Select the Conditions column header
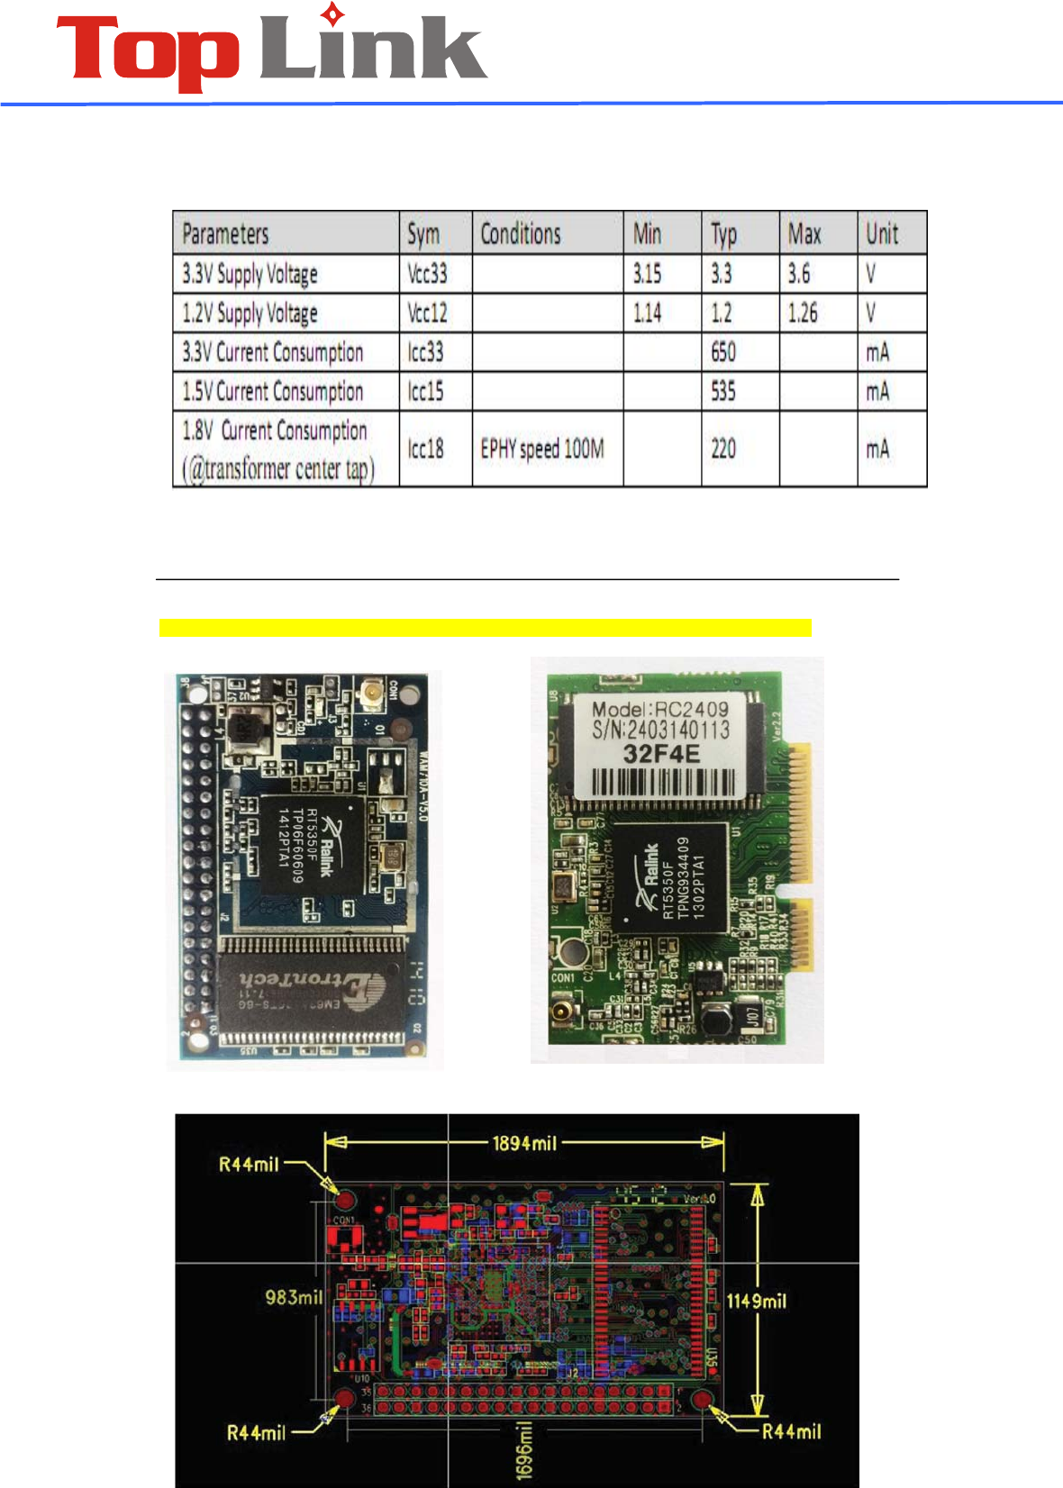pos(521,234)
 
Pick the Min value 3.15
pos(647,274)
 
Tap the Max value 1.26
pos(803,313)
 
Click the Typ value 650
pos(723,352)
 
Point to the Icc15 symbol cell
pos(426,392)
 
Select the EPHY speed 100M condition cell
pos(542,449)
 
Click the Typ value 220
pos(723,449)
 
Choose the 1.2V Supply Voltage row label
pos(250,313)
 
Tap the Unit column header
pos(882,234)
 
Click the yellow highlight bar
pos(486,628)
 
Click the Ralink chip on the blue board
pos(311,847)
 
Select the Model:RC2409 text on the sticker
pos(659,709)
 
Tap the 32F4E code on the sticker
pos(661,755)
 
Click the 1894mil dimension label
pos(524,1143)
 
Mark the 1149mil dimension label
pos(757,1301)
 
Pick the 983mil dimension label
pos(294,1297)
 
